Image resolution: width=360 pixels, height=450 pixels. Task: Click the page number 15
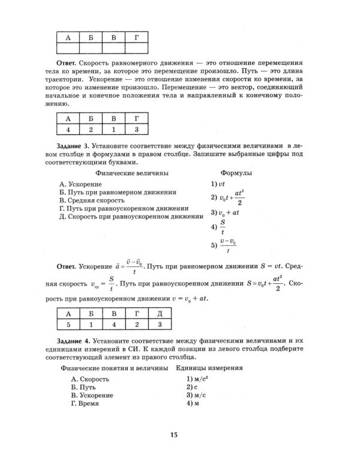(174, 434)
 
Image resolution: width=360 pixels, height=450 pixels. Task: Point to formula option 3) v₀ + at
(226, 212)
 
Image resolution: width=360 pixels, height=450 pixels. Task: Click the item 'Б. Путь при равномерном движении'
(118, 192)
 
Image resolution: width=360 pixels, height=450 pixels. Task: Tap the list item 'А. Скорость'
(89, 379)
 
